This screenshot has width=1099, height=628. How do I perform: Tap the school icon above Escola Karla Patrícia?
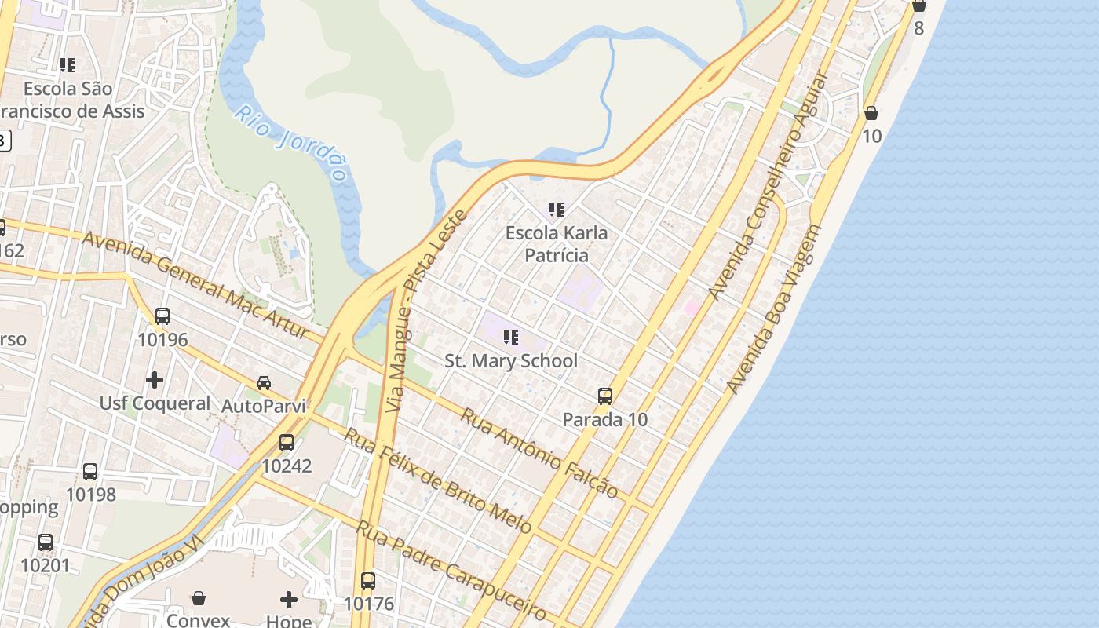click(557, 210)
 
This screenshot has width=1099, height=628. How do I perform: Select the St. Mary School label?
click(511, 361)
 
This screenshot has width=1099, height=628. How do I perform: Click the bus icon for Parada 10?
click(605, 396)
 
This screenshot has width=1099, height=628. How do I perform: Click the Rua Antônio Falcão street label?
click(539, 453)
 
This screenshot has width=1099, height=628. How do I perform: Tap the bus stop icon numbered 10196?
click(162, 316)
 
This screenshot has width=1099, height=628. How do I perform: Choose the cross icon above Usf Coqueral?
click(155, 380)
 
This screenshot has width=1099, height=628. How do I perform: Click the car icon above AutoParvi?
click(264, 383)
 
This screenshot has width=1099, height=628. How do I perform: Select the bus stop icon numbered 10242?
click(287, 442)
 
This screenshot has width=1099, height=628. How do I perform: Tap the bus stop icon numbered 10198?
click(90, 472)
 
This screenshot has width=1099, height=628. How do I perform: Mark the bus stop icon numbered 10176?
click(368, 581)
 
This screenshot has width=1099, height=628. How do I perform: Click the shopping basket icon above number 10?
click(871, 114)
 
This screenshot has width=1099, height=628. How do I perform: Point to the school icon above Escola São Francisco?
click(68, 64)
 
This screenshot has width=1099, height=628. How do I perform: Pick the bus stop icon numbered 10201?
click(46, 542)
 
